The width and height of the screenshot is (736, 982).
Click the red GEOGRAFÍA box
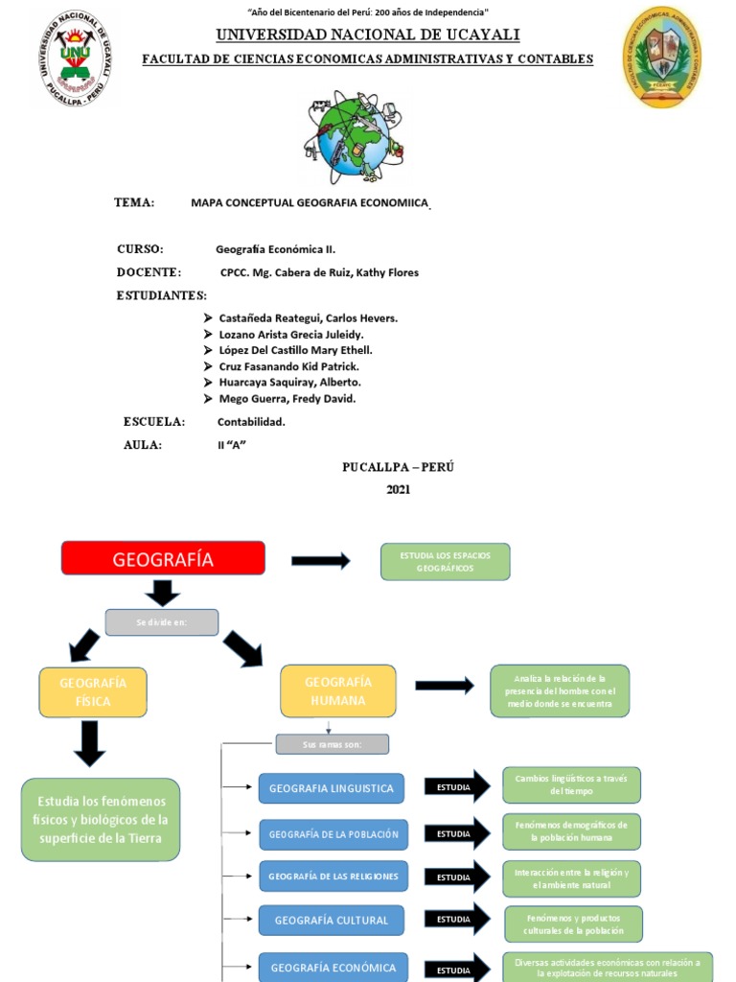(163, 558)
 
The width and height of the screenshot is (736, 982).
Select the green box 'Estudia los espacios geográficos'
(445, 562)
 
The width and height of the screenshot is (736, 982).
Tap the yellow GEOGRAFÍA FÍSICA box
(93, 692)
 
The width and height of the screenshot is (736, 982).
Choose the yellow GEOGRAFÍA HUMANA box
(337, 691)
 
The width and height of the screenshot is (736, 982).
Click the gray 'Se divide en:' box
(161, 622)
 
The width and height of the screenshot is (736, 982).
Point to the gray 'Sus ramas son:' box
(332, 744)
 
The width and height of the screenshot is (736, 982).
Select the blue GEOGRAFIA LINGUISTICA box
(331, 788)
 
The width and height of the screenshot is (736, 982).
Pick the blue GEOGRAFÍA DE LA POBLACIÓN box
(333, 834)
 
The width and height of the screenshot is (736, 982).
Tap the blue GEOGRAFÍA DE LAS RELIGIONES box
(333, 877)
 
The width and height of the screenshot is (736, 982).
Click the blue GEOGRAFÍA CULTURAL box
(331, 921)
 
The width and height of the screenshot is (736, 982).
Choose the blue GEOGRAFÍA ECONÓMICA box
(333, 967)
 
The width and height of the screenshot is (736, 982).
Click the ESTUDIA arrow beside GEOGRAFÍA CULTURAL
(457, 921)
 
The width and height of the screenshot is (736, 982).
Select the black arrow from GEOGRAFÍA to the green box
(320, 561)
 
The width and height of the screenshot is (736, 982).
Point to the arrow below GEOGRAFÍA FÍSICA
(89, 743)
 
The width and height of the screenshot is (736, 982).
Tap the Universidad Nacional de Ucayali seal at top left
(76, 58)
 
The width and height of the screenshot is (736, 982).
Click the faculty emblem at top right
(662, 57)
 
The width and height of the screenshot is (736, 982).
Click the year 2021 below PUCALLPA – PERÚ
(398, 489)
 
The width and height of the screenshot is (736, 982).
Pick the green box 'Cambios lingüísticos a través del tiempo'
(571, 784)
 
